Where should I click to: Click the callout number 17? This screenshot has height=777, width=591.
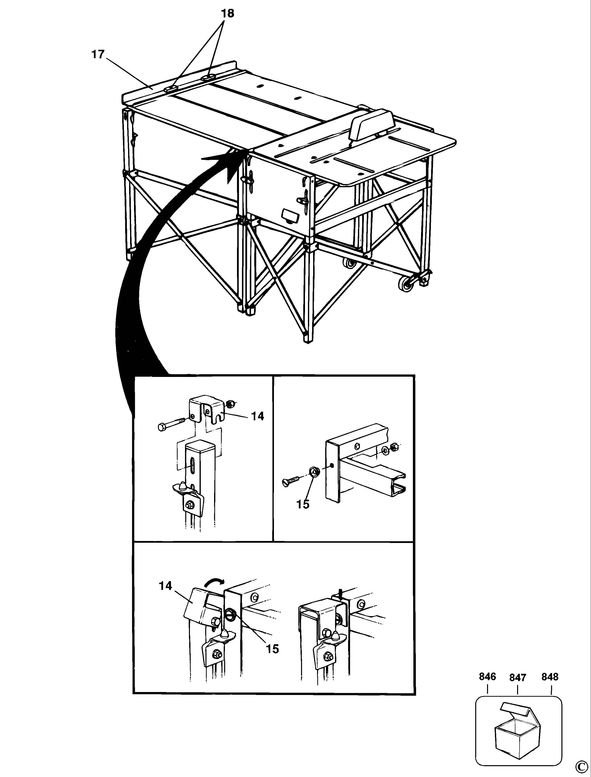point(98,54)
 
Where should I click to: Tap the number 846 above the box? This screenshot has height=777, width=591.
point(487,676)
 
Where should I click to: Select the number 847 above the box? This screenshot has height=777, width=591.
point(518,677)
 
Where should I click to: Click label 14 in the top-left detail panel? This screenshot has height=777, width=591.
point(257,416)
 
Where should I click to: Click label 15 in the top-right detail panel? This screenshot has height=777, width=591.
point(303,504)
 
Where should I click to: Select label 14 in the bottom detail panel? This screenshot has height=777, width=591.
point(165,586)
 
